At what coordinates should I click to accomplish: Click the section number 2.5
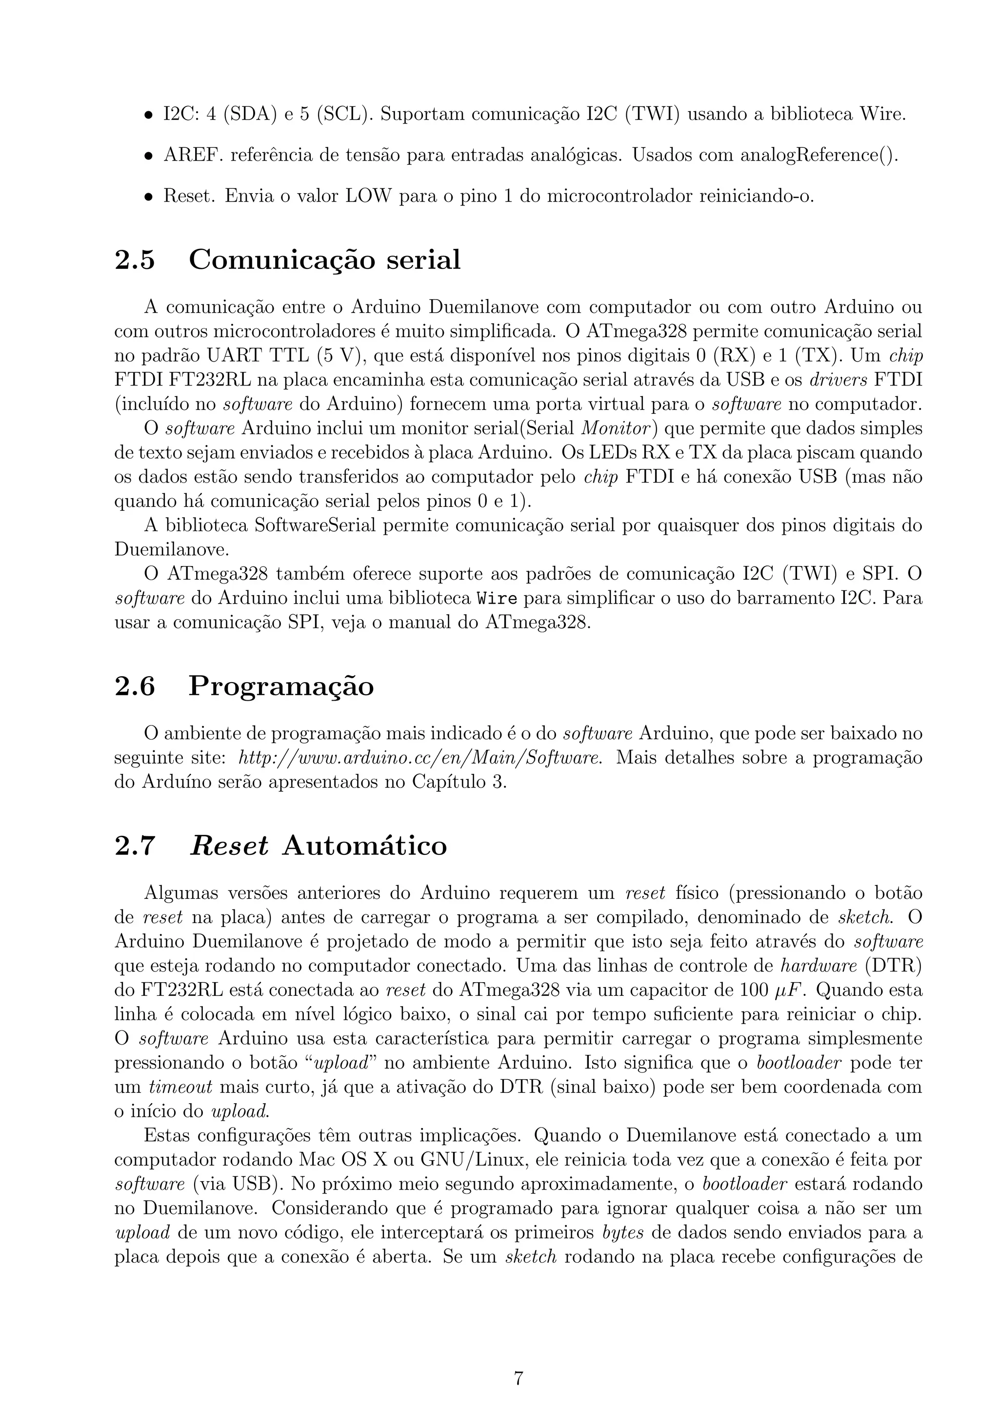pyautogui.click(x=135, y=260)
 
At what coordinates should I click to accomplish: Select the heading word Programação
pyautogui.click(x=281, y=686)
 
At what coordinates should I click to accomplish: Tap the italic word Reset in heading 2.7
pyautogui.click(x=229, y=845)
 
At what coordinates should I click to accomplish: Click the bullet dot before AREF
pyautogui.click(x=148, y=156)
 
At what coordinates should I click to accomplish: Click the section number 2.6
pyautogui.click(x=135, y=686)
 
